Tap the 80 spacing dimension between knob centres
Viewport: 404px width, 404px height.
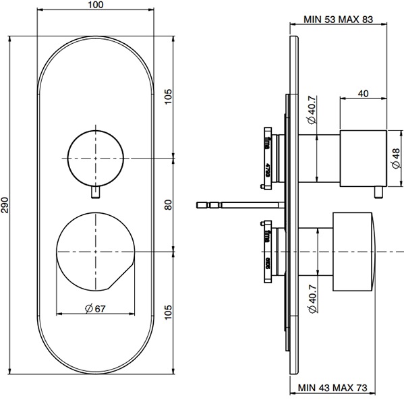(169, 203)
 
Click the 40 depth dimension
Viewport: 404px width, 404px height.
(364, 94)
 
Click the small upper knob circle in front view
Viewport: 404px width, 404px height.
(96, 156)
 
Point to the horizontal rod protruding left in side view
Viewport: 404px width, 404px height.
(236, 203)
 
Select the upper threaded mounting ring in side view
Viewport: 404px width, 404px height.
(264, 156)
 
